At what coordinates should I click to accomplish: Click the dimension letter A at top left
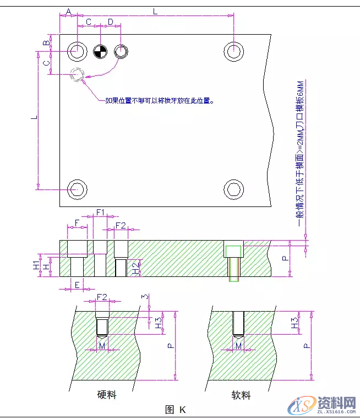pos(69,11)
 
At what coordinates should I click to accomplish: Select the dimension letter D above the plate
pos(111,21)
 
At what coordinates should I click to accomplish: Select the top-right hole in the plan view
pos(234,51)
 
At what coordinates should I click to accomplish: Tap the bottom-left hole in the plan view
pos(77,189)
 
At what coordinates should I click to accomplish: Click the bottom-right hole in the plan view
pos(234,189)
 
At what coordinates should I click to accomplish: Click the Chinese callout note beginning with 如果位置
pos(159,101)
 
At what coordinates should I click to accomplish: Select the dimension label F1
pos(100,212)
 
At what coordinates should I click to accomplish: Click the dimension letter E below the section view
pos(77,285)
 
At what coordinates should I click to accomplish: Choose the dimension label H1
pos(36,265)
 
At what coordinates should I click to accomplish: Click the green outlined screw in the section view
pos(234,261)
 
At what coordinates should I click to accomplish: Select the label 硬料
pos(107,395)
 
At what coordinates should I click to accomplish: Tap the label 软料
pos(241,395)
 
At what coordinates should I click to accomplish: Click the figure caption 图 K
pos(175,409)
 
